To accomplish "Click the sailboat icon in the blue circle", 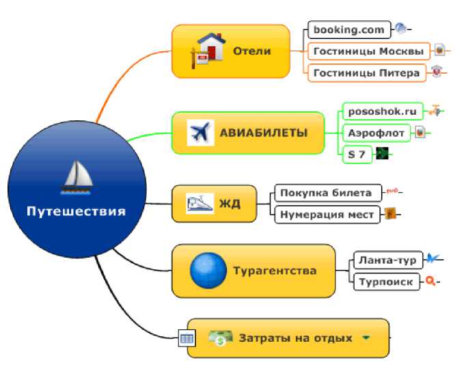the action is [77, 178].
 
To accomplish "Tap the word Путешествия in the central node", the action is [77, 211].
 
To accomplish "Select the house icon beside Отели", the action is [208, 51].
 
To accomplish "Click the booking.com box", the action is [349, 30].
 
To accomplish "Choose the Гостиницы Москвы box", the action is [369, 51].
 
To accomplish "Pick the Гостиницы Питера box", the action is [367, 73].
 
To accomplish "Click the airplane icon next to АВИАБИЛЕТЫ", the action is [201, 133].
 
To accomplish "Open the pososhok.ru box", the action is [383, 111].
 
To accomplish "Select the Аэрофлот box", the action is [376, 133].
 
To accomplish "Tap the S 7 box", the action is [357, 154].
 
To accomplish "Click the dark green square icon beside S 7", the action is [382, 153].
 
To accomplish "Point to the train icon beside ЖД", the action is [200, 204].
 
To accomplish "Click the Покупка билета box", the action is [328, 193].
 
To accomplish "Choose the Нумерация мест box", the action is [327, 215].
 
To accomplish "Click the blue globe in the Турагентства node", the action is [208, 270].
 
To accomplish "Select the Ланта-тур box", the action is [388, 260].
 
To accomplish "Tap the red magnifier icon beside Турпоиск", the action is [430, 281].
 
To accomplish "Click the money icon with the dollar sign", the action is [220, 338].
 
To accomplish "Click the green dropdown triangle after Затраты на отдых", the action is [366, 338].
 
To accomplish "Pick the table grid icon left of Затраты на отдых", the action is [187, 338].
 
